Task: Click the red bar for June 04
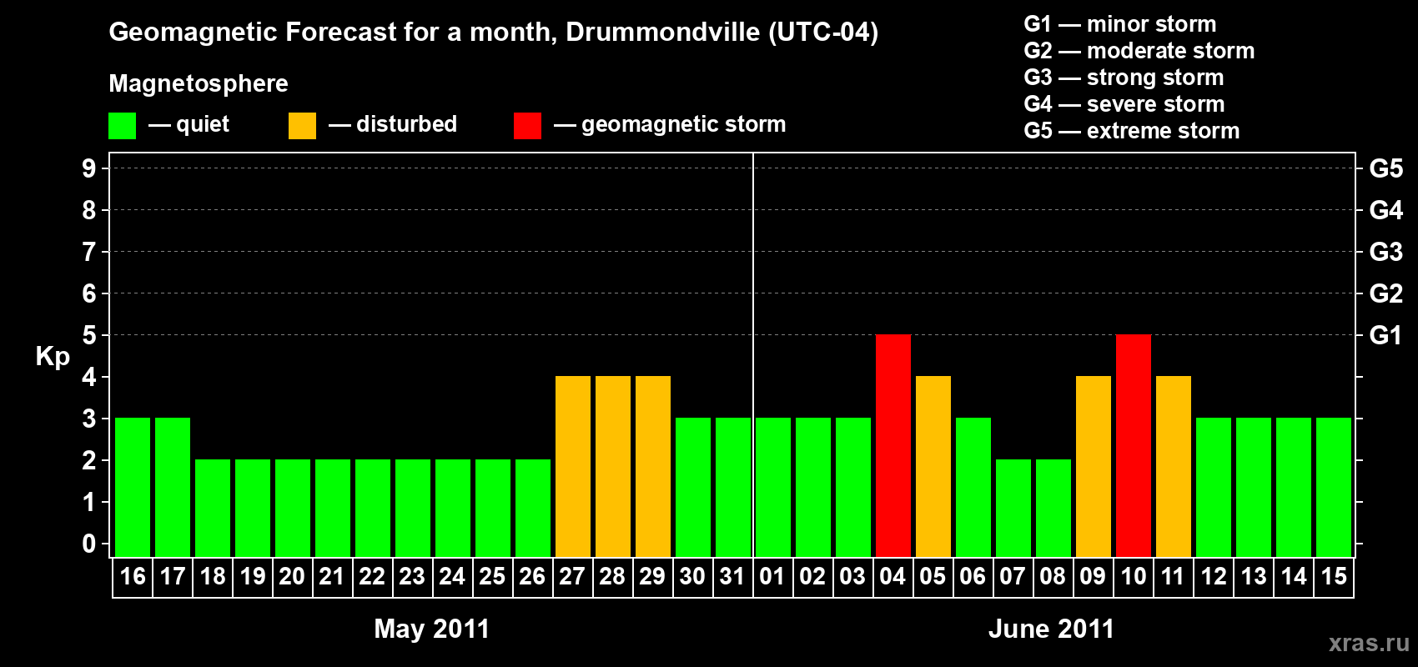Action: coord(893,446)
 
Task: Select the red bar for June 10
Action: coord(1133,446)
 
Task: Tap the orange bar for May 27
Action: coord(572,467)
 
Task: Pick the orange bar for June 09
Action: coord(1093,467)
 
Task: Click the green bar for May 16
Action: coord(132,488)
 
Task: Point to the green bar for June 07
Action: coord(1013,509)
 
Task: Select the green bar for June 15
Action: coord(1333,488)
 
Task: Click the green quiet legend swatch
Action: coord(122,126)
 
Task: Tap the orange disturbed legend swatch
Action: coord(302,126)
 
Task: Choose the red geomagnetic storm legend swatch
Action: coord(527,126)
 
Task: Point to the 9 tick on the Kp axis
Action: coord(89,168)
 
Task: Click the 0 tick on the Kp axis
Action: coord(89,544)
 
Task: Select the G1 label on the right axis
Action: coord(1385,335)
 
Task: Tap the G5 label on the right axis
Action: coord(1385,168)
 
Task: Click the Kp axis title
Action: coord(53,357)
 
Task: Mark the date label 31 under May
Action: coord(732,576)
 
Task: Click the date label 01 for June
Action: coord(772,576)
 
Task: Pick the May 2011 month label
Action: coord(431,629)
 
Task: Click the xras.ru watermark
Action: coord(1369,643)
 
